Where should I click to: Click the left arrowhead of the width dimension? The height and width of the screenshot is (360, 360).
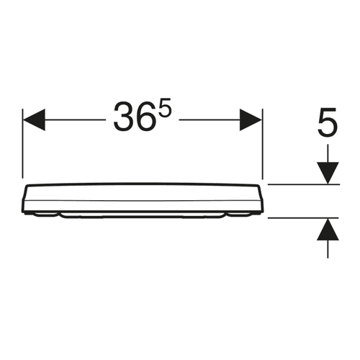(34, 120)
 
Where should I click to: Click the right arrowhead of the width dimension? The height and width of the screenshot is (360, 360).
(251, 120)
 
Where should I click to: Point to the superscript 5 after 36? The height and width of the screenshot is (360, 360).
(165, 107)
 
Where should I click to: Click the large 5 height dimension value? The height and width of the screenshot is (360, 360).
(328, 122)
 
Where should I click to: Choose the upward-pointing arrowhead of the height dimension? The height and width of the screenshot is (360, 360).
(328, 230)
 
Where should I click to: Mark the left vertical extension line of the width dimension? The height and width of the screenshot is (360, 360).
(22, 143)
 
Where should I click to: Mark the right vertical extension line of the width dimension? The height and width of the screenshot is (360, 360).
(263, 143)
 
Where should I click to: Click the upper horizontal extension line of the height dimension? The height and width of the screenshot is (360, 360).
(304, 184)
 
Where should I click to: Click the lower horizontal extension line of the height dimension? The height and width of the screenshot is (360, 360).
(303, 218)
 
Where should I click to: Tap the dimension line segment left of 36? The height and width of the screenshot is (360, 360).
(75, 120)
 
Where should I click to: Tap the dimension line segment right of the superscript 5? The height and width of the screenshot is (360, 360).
(210, 120)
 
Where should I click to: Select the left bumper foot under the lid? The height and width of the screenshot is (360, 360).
(45, 215)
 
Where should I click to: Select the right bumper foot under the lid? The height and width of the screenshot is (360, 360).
(240, 215)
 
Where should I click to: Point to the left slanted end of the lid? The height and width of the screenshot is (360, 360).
(25, 198)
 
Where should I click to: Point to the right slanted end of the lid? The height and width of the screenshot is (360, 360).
(261, 198)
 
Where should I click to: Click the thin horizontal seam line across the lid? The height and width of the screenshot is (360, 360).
(143, 200)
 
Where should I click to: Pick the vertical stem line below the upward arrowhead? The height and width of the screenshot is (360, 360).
(328, 249)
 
